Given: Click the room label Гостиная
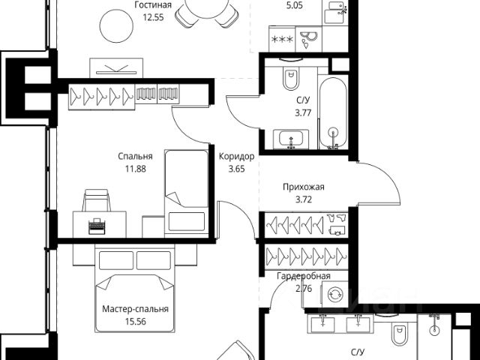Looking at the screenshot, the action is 153,4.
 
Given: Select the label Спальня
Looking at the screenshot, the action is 136,157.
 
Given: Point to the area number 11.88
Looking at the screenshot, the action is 136,169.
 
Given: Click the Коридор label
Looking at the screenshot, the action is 236,157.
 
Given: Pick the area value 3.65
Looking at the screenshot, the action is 236,169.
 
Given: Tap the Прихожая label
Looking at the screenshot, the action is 303,187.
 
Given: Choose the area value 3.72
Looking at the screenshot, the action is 303,199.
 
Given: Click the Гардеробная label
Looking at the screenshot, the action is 303,276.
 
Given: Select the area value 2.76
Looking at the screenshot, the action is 303,287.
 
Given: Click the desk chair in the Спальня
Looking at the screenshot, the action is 96,200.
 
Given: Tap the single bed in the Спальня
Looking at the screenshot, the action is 184,190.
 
